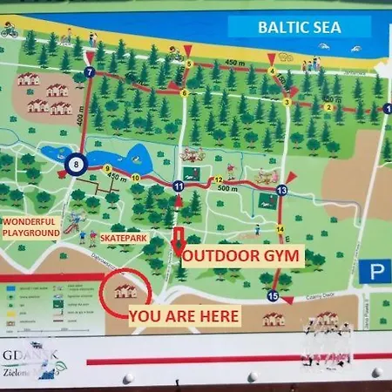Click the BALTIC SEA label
tap(300, 26)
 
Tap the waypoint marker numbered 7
tap(89, 73)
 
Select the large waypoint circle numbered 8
tap(77, 164)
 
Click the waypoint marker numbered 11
tap(178, 186)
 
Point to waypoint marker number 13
tap(281, 190)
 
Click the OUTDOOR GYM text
tap(242, 256)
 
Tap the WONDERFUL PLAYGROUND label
tap(30, 228)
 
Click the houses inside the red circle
tap(124, 290)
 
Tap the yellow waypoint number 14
tap(280, 229)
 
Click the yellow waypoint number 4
tap(272, 71)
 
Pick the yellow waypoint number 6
tap(180, 93)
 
